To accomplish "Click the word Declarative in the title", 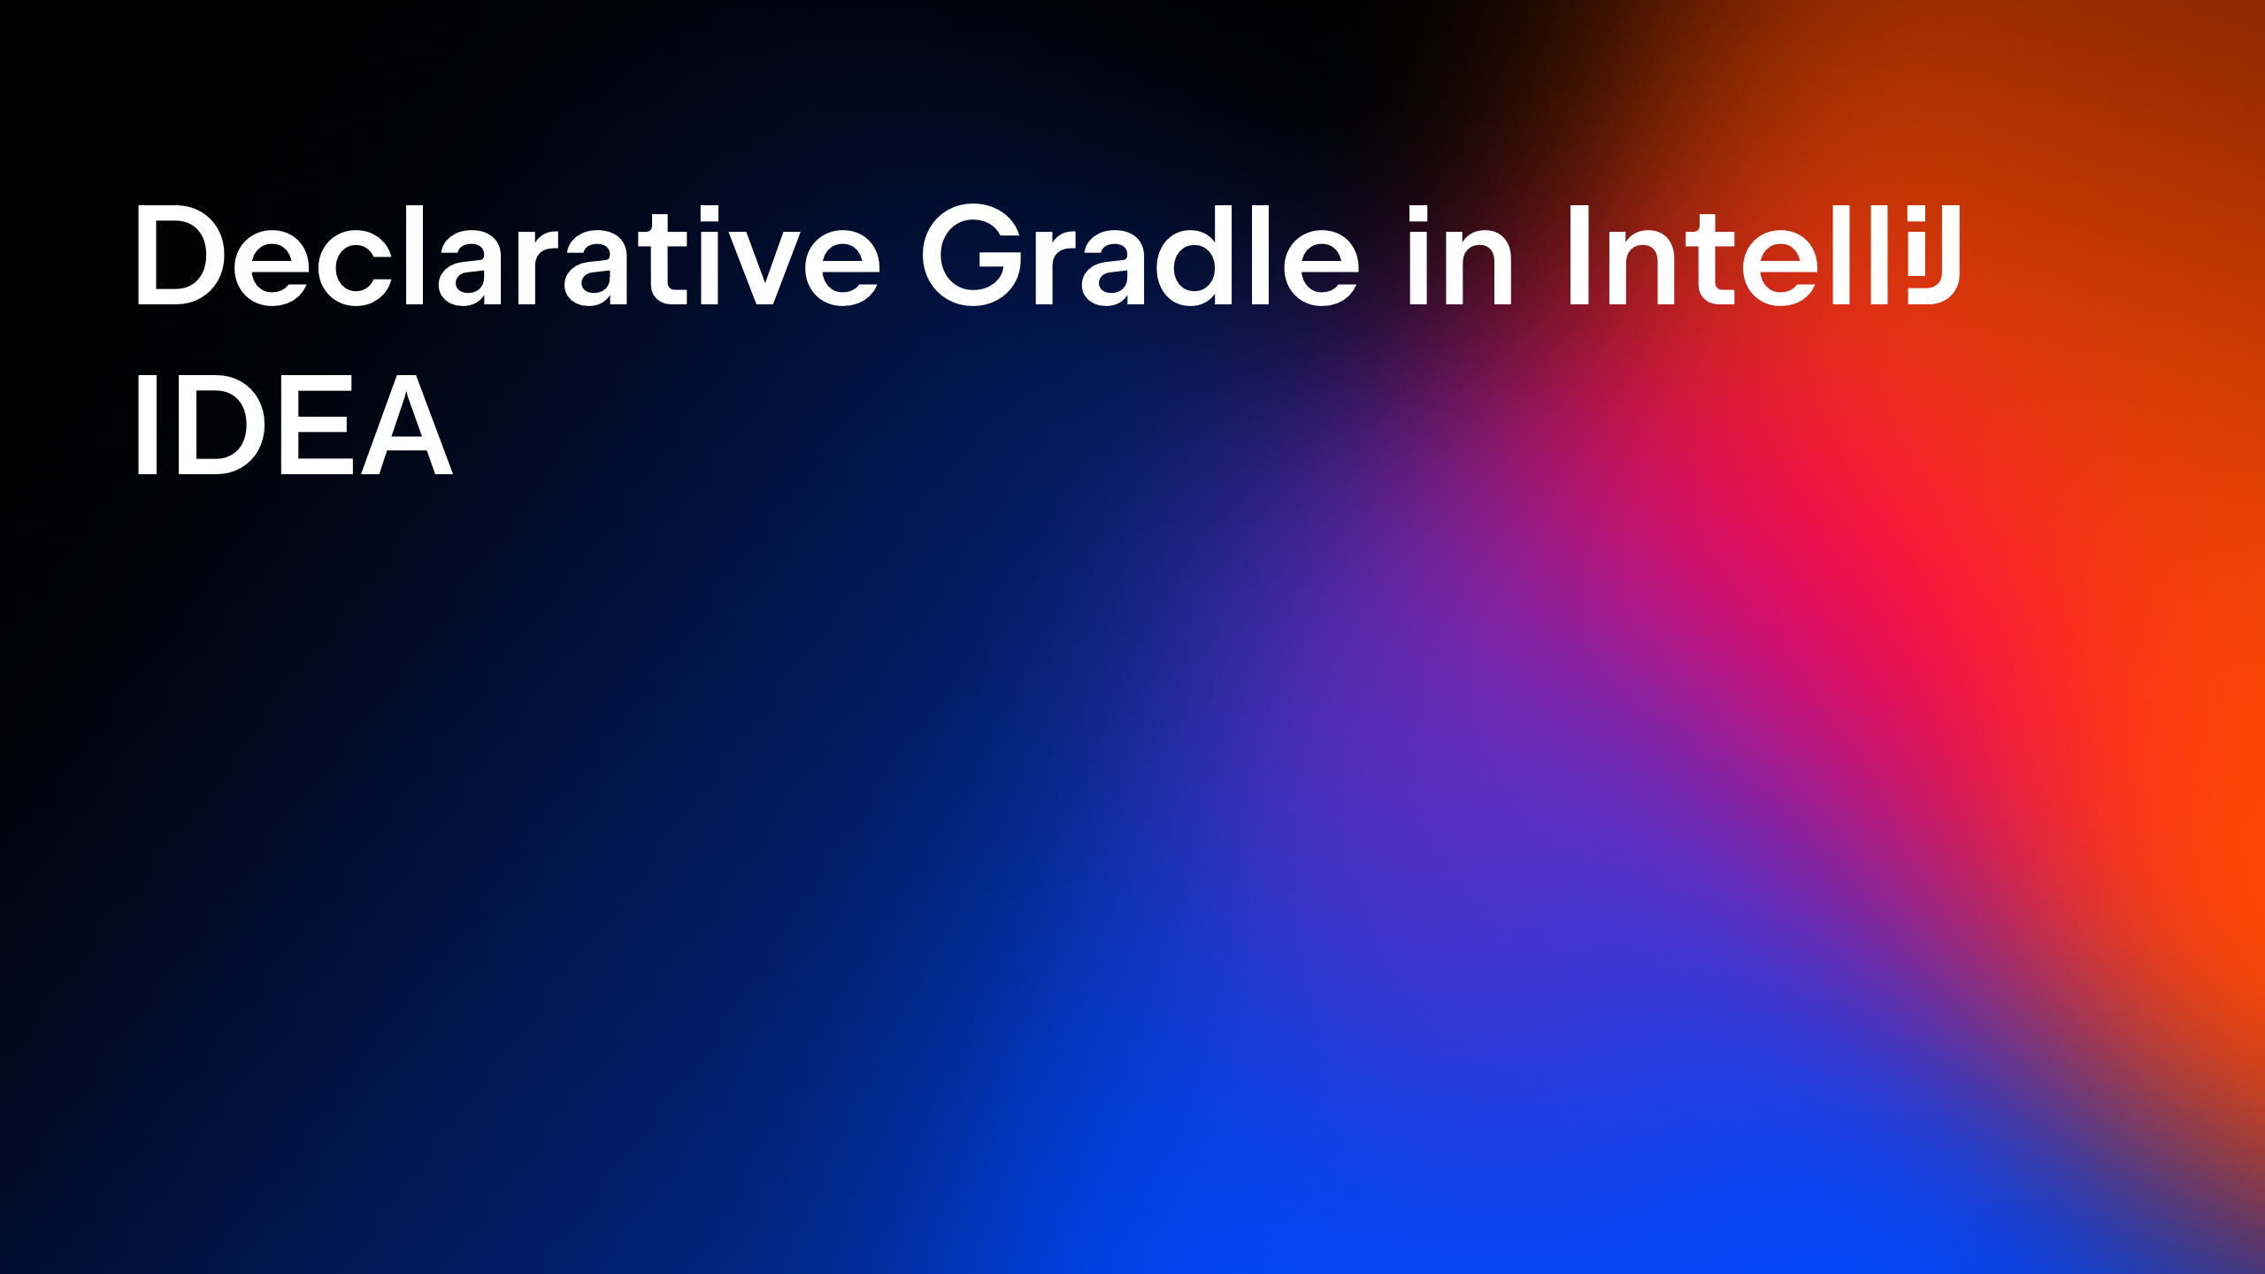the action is point(508,255).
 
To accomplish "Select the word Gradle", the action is point(1140,255).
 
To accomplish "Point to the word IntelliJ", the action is point(1764,255).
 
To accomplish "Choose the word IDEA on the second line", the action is point(294,425).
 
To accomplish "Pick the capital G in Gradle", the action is point(972,255).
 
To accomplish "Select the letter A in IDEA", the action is point(407,425).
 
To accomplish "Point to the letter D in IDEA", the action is point(221,425).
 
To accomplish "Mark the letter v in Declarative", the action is point(763,268).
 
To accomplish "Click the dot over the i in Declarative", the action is point(708,213).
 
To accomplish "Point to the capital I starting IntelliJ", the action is point(1578,255).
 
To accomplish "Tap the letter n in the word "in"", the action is point(1482,268).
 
